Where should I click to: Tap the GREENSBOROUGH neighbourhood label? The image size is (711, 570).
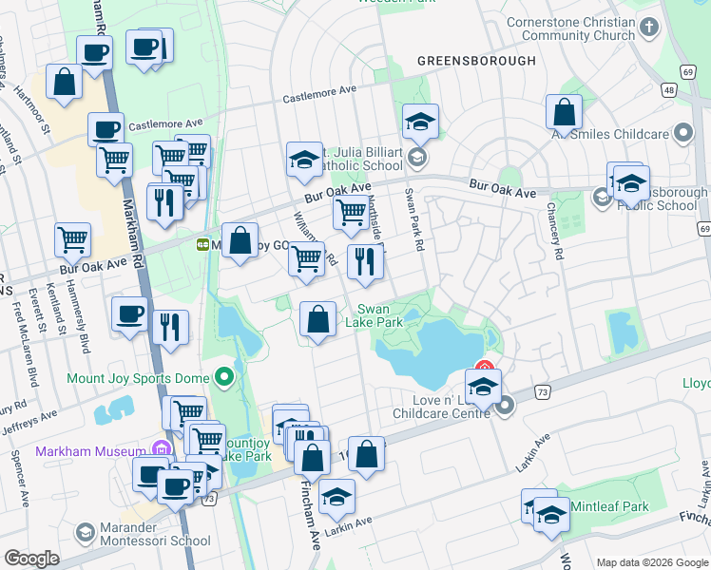pos(477,61)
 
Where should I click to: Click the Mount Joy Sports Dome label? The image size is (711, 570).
pos(138,378)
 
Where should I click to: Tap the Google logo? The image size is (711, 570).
pos(31,559)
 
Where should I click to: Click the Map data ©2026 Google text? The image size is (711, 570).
pos(651,562)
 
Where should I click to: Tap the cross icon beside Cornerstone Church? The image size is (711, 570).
pos(649,28)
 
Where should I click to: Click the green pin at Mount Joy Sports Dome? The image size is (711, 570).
pos(223,378)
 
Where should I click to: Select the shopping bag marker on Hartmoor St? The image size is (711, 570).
pos(65,84)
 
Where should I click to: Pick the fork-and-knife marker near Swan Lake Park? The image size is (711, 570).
pos(364,262)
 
